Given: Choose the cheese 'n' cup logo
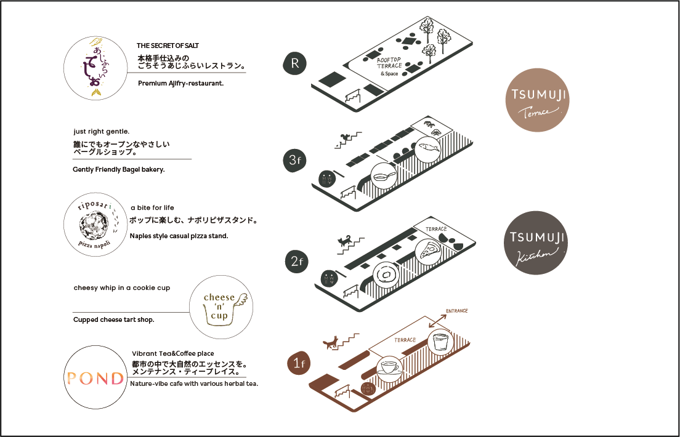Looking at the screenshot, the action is coord(220,307).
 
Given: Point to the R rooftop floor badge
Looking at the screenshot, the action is coord(295,63).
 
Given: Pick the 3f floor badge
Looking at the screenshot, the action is coord(295,162).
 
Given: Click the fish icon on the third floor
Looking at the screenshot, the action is coord(428,149).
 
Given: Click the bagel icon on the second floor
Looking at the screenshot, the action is coord(387,274).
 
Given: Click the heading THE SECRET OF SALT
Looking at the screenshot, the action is coord(168,46).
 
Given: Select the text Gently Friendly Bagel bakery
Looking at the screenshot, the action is coord(118,169).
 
